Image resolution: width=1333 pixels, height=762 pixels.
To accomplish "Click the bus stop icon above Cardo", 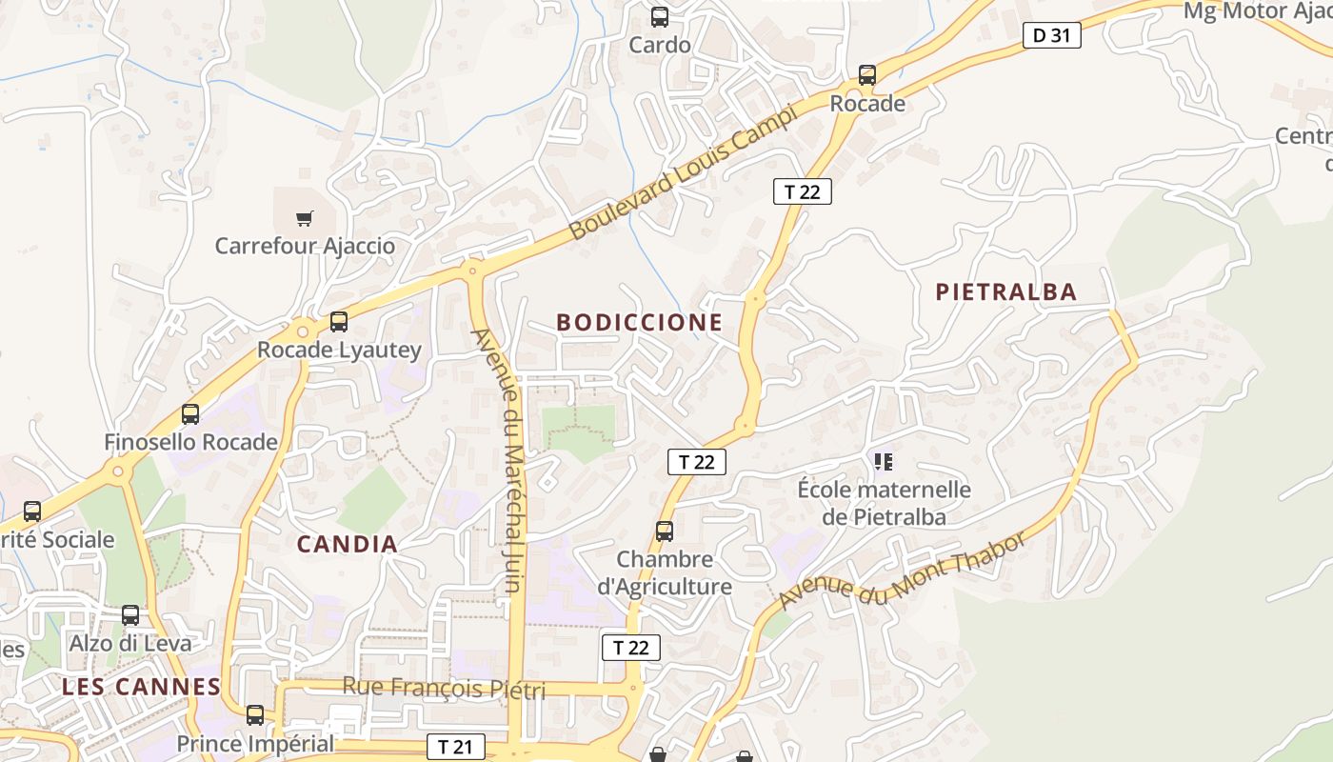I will coord(659,16).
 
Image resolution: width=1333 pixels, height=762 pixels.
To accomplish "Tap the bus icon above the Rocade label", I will coord(866,74).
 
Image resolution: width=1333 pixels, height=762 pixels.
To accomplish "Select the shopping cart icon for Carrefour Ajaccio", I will coord(304,218).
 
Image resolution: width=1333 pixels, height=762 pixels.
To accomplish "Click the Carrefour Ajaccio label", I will coord(305,246).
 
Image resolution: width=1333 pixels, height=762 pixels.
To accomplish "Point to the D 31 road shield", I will coord(1052,36).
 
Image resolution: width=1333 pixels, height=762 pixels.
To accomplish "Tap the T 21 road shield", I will coord(455,747).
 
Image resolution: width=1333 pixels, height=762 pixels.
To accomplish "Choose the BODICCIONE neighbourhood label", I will coord(639,322).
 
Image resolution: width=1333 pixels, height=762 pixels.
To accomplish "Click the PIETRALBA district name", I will coord(1005,291).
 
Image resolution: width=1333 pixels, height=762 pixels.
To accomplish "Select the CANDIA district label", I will coord(347,544).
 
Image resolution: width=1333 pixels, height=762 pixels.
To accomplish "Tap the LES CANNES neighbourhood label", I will coord(142,686).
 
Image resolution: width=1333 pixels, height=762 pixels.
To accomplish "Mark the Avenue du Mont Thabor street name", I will coord(903,570).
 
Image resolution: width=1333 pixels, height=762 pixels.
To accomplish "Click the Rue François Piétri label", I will coord(444,687).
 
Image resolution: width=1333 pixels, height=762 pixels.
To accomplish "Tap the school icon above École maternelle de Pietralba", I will coord(883,462).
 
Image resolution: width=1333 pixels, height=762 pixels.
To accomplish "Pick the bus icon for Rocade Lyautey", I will coord(338,322).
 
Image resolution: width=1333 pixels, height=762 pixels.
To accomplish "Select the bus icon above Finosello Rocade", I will coord(190,414).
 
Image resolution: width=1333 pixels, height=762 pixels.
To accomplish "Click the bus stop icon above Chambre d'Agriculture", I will coord(664,531).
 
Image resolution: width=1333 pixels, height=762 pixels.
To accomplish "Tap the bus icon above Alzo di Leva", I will coord(130,615).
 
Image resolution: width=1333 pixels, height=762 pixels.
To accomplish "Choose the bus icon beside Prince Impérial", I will coord(254,714).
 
